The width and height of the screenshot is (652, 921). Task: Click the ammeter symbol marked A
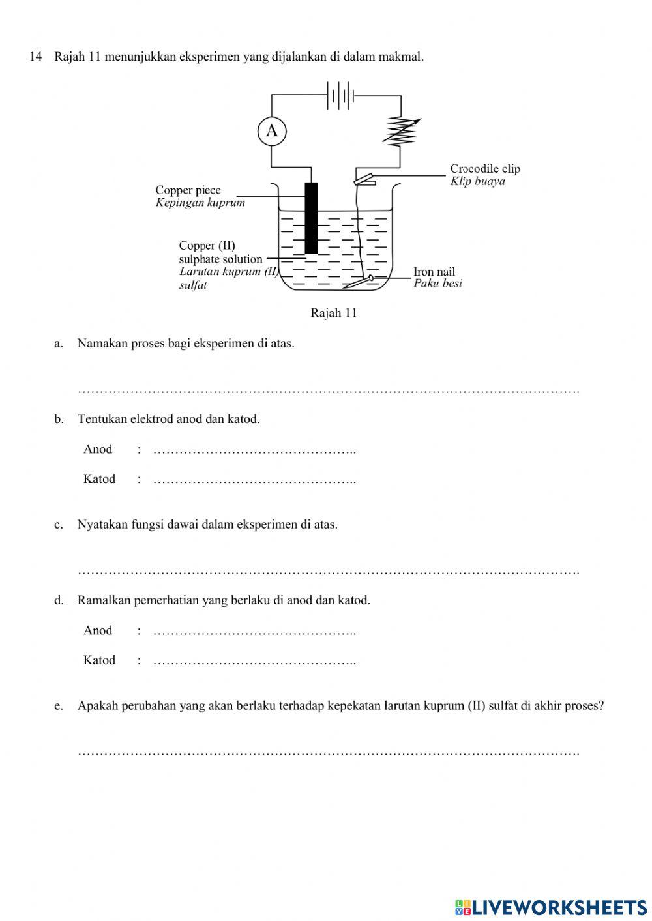pos(271,131)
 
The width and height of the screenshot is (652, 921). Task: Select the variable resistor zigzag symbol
pos(401,131)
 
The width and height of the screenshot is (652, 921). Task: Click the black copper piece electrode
pos(311,218)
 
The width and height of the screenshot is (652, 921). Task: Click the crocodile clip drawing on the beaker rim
pos(364,178)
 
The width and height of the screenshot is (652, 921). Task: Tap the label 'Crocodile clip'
pos(485,169)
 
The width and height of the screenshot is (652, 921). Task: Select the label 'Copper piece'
pos(188,190)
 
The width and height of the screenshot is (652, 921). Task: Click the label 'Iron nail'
pos(434,272)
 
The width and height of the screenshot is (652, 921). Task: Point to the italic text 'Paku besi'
pos(437,284)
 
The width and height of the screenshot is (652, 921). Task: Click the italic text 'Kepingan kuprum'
pos(200,203)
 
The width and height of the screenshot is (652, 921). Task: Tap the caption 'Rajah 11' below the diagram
pos(334,313)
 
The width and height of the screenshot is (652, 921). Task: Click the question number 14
pos(36,57)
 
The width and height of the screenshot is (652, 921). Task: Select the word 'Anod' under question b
pos(98,449)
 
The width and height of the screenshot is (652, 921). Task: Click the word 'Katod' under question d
pos(99,660)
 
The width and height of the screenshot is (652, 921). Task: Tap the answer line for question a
pos(328,391)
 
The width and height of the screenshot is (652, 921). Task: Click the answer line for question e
pos(328,753)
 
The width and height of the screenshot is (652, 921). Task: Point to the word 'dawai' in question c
pos(183,525)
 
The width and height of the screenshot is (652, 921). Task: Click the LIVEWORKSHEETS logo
pos(550,907)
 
